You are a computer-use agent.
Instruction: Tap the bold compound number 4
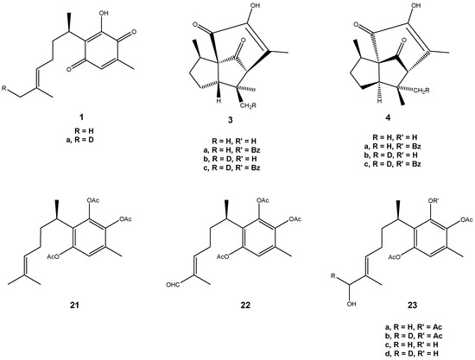(389, 117)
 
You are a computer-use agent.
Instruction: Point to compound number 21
(74, 305)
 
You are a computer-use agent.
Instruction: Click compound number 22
(245, 305)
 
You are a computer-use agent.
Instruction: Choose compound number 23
(412, 305)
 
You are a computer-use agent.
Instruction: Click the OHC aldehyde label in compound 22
(173, 284)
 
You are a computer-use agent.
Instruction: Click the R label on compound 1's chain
(3, 88)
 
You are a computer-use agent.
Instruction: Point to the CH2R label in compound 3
(249, 105)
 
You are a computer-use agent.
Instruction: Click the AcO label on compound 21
(54, 256)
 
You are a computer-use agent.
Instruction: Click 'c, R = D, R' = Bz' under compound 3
(231, 167)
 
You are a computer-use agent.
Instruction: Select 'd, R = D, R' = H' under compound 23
(412, 353)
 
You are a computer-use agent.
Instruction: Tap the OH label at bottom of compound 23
(351, 303)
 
